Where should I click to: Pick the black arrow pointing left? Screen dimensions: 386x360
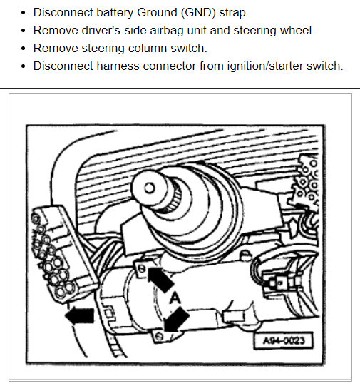click(80, 314)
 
